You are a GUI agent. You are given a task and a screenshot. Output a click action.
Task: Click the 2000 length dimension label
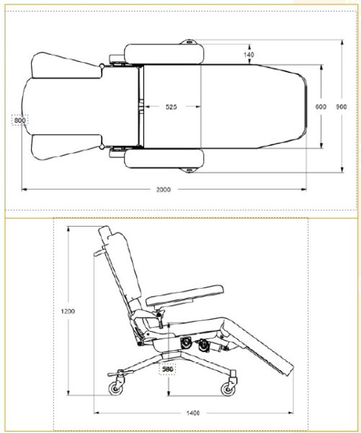click(164, 189)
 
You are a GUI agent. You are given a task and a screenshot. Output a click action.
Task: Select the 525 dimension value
click(171, 107)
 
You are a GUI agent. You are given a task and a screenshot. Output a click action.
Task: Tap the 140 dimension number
click(249, 55)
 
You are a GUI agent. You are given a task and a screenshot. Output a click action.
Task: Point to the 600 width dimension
click(321, 107)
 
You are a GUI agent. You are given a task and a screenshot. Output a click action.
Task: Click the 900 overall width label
click(342, 107)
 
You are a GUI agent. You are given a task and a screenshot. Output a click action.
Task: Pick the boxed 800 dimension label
click(20, 120)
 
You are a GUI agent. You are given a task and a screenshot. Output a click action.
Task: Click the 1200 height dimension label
click(68, 311)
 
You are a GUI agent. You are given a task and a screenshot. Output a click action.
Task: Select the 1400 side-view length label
click(193, 413)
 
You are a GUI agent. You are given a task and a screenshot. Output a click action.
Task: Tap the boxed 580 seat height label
click(168, 369)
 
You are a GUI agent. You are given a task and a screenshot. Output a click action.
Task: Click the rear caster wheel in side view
click(115, 389)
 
